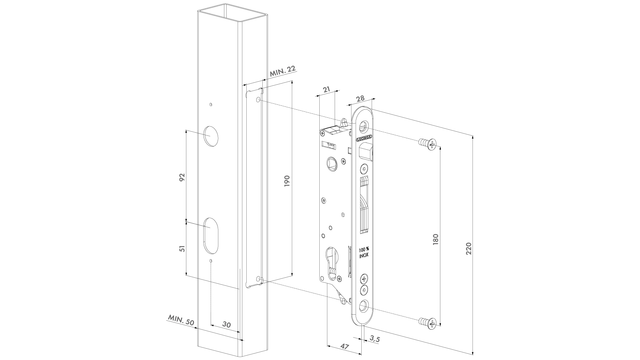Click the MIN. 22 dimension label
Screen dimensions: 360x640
tap(282, 72)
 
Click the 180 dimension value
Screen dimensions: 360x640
tap(436, 240)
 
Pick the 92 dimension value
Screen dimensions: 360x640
tap(182, 177)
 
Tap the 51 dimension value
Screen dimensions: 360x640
tap(182, 249)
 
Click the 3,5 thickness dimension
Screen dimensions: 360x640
tap(375, 339)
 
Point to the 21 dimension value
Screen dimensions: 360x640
tap(327, 89)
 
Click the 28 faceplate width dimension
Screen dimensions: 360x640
tap(360, 98)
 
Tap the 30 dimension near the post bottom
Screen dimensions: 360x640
tap(226, 325)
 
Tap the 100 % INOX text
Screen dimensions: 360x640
tap(364, 253)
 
